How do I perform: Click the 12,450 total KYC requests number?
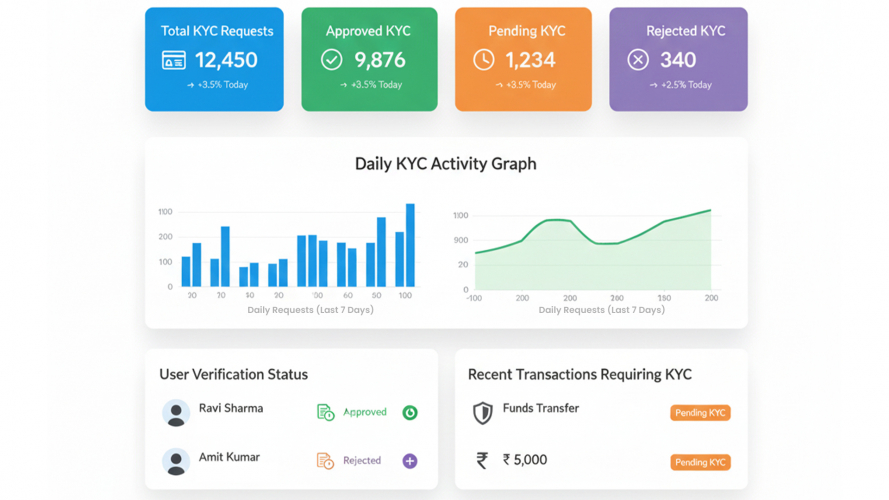226,61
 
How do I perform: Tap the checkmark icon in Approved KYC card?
331,61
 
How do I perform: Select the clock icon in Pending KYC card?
483,61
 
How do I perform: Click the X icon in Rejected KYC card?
638,61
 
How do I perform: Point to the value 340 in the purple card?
678,61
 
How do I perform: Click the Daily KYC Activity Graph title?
445,164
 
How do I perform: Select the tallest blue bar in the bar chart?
410,245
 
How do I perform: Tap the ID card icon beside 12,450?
174,61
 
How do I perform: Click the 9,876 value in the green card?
380,61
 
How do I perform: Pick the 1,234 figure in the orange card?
530,61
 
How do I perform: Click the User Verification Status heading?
233,375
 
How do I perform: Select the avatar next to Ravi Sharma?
176,413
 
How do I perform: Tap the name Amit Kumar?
229,457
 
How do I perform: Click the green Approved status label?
364,412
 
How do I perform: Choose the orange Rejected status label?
361,461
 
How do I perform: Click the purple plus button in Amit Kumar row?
410,461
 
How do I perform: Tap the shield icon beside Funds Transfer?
482,412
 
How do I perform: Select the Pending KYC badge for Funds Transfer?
700,413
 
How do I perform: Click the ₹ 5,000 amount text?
524,460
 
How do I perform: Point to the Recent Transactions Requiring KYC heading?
580,375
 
